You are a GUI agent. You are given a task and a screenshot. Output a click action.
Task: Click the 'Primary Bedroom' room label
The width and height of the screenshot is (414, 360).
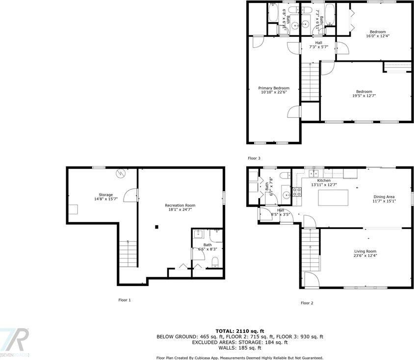point(274,88)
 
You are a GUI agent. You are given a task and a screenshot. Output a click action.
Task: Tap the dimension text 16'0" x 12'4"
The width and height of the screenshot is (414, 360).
point(377,36)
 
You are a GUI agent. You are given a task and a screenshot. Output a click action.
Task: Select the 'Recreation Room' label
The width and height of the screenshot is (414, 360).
point(180,205)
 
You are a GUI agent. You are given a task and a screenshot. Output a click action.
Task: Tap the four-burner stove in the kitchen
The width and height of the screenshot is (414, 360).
point(296,192)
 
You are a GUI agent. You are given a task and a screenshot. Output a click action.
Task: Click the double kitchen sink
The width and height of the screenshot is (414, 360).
point(314,173)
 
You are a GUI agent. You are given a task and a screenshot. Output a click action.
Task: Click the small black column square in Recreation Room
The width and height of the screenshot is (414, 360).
point(156,227)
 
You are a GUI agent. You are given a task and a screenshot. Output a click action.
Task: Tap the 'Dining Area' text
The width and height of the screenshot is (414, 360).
point(385,196)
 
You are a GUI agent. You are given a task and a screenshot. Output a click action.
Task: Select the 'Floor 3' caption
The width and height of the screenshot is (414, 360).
point(254,158)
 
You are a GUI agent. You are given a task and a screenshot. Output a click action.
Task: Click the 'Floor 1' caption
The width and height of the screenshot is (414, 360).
point(125,300)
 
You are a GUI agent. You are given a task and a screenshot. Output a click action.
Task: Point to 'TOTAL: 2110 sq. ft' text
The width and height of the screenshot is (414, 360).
point(239,331)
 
